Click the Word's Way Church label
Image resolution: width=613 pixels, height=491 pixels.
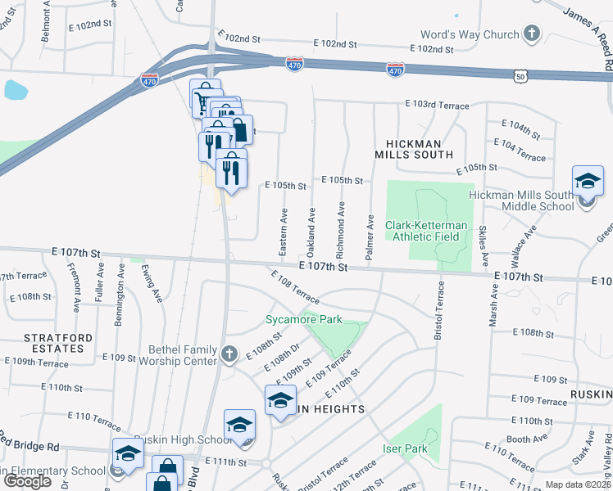click(470, 34)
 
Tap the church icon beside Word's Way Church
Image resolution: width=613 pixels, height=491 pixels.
click(533, 34)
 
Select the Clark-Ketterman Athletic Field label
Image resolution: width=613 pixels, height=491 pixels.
click(428, 231)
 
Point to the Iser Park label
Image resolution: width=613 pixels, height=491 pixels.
click(406, 449)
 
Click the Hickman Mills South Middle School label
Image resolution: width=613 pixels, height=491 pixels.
click(521, 200)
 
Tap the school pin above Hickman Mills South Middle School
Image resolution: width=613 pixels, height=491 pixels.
click(588, 181)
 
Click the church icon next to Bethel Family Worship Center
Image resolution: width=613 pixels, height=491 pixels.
click(229, 354)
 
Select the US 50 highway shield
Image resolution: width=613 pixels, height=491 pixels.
click(521, 76)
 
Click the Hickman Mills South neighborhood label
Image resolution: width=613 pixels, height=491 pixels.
click(414, 148)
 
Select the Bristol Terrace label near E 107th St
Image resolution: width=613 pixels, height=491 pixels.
click(438, 312)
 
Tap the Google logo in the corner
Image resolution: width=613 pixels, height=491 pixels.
click(27, 480)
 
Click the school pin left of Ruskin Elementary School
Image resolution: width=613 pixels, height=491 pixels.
click(129, 453)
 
